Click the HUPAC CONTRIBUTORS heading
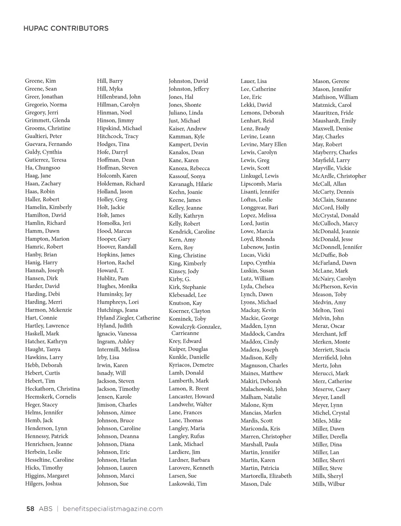coord(66,28)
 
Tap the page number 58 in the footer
coord(30,509)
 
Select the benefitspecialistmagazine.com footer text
coord(113,509)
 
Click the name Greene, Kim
coord(40,81)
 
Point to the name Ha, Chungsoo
coord(42,168)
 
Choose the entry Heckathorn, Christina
coord(52,389)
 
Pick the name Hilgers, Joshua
coord(43,484)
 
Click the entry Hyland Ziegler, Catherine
coord(128,318)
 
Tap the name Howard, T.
coord(110,271)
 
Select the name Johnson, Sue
coord(113,484)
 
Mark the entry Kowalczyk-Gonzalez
coord(195,327)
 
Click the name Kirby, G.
coord(179,279)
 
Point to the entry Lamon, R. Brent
coord(188,389)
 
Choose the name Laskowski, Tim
coord(187,484)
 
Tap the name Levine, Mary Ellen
coord(263,144)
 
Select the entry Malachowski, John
coord(263,389)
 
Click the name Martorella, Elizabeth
coord(266,476)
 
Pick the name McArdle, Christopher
coord(339,176)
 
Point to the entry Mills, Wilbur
coord(328,484)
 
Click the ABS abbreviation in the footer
coord(45,509)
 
